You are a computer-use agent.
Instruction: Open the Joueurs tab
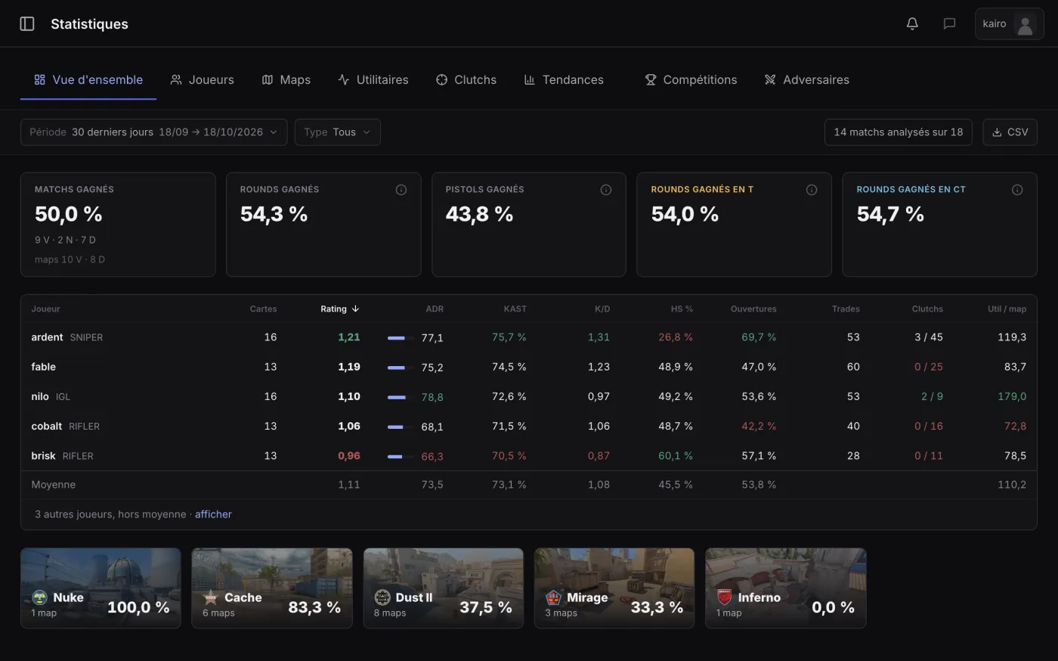[x=203, y=79]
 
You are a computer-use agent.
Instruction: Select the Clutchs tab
[x=466, y=79]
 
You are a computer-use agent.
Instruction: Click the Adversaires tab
[x=807, y=79]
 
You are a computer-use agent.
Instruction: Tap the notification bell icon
[x=912, y=23]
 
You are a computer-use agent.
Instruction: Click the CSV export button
[x=1010, y=132]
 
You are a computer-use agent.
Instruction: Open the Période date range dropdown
[x=154, y=132]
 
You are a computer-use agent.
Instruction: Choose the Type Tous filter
[x=337, y=132]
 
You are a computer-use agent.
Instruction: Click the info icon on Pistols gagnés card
[x=605, y=190]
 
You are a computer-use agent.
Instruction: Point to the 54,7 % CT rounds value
[x=890, y=214]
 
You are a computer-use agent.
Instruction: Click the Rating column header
[x=339, y=309]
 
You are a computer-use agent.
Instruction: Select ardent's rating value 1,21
[x=349, y=337]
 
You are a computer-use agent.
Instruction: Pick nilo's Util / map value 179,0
[x=1012, y=396]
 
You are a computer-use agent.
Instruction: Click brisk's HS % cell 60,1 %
[x=676, y=456]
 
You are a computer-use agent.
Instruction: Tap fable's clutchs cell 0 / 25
[x=929, y=367]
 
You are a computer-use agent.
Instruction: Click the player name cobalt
[x=46, y=426]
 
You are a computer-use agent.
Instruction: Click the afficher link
[x=213, y=514]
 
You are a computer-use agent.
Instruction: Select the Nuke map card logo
[x=39, y=597]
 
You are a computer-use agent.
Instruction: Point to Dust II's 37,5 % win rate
[x=485, y=607]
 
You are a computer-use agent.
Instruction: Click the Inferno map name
[x=759, y=597]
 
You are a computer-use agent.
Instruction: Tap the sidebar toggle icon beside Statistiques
[x=27, y=23]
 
